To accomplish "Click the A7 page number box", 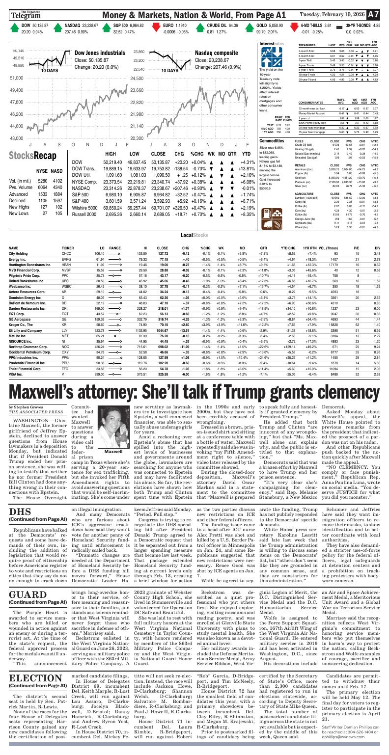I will click(374, 15).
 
